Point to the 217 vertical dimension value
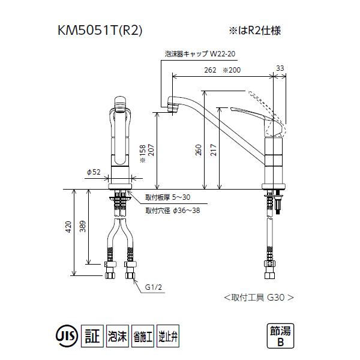pos(214,152)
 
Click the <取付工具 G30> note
pos(258,296)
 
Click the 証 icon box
pos(89,335)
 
